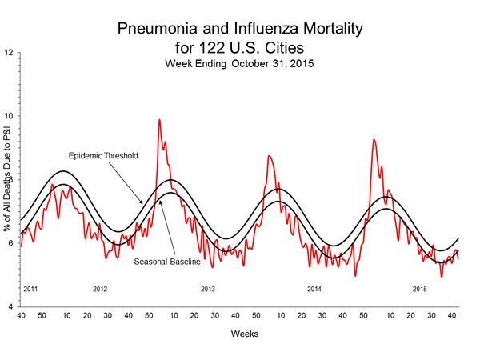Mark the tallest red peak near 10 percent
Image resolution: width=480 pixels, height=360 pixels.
159,120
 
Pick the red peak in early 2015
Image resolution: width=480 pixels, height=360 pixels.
374,140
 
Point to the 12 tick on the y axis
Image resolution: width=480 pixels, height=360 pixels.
8,54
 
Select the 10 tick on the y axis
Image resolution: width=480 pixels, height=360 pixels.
8,117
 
